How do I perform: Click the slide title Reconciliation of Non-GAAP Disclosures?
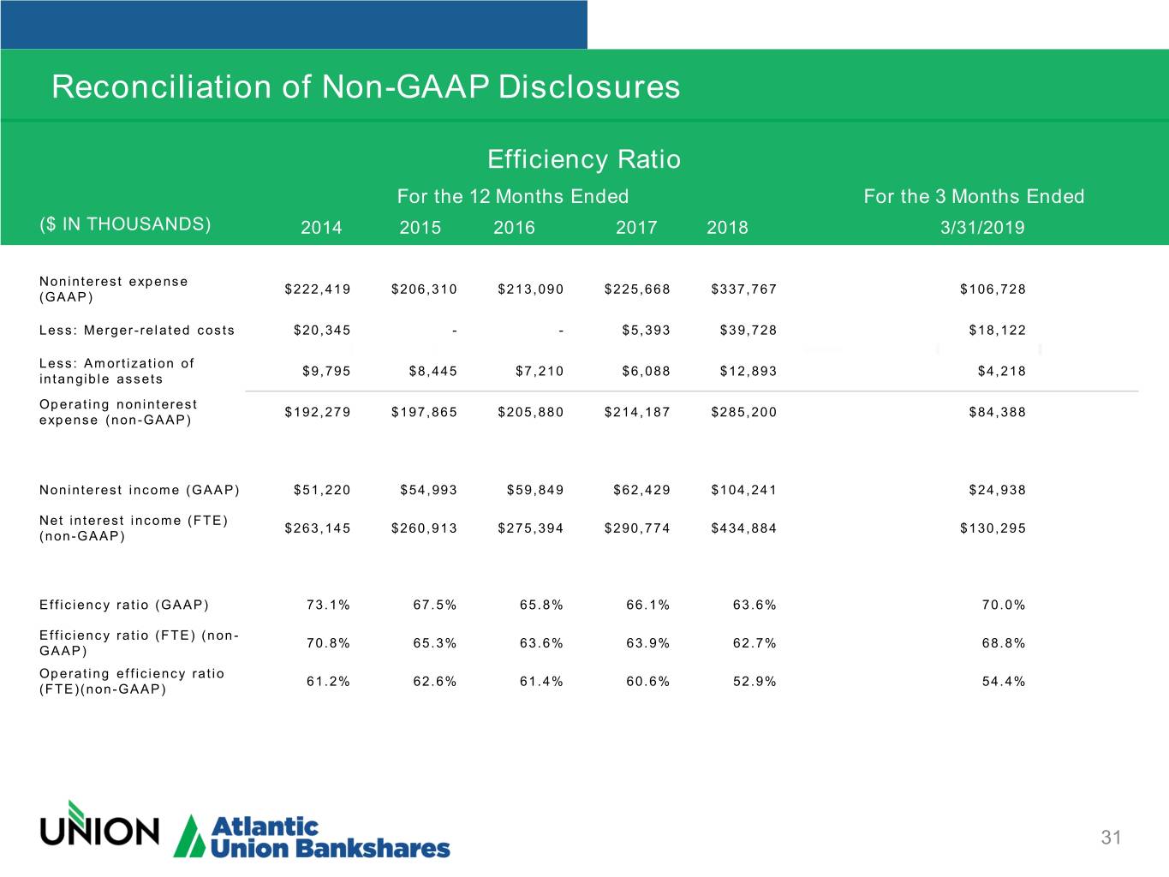(x=366, y=87)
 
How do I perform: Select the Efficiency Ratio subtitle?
(x=583, y=159)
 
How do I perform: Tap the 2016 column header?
(x=514, y=227)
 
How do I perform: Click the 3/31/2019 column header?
(x=981, y=227)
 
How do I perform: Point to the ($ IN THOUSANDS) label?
(x=125, y=224)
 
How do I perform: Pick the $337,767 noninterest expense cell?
(x=743, y=289)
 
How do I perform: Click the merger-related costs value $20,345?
(x=322, y=331)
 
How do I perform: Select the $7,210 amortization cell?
(x=540, y=372)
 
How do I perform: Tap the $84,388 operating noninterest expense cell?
(x=997, y=412)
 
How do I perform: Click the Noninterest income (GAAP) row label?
(x=140, y=490)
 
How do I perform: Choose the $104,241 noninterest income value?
(x=743, y=490)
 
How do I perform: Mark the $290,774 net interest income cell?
(x=637, y=528)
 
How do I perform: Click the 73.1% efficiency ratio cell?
(x=328, y=606)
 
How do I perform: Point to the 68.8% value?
(x=1003, y=643)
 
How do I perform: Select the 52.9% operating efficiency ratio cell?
(x=754, y=682)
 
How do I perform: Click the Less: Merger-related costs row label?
(x=137, y=331)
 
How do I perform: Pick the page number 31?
(x=1111, y=838)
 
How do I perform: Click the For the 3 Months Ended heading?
(x=974, y=197)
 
